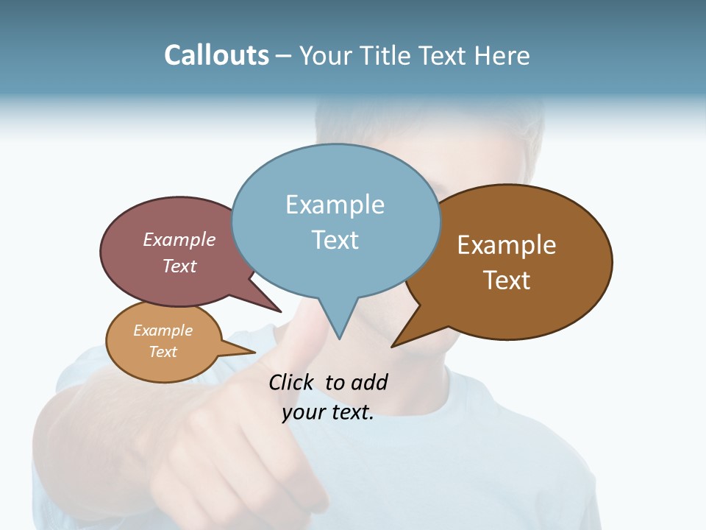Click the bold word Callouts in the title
pyautogui.click(x=216, y=55)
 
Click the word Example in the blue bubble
pyautogui.click(x=335, y=205)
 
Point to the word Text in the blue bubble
pyautogui.click(x=335, y=240)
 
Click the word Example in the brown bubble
pyautogui.click(x=507, y=245)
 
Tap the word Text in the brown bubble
pyautogui.click(x=507, y=280)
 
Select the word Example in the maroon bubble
pyautogui.click(x=179, y=240)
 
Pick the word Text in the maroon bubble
pyautogui.click(x=179, y=266)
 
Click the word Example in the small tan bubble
pyautogui.click(x=163, y=331)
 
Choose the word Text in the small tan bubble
pyautogui.click(x=163, y=352)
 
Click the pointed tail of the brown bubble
pyautogui.click(x=395, y=344)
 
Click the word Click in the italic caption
pyautogui.click(x=290, y=383)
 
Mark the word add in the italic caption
pyautogui.click(x=369, y=383)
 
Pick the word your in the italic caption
pyautogui.click(x=302, y=412)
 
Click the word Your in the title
pyautogui.click(x=325, y=56)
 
